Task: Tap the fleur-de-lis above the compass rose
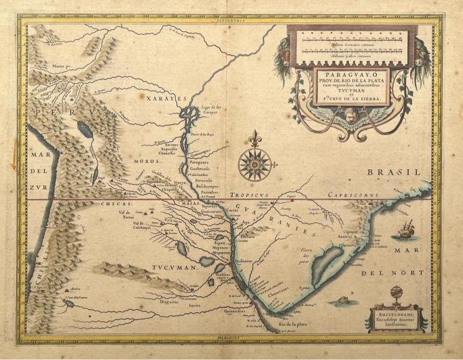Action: (255, 140)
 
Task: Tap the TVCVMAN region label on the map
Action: (174, 268)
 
